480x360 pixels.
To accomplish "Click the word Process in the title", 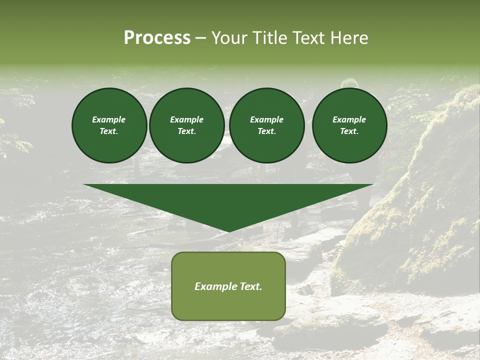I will [157, 38].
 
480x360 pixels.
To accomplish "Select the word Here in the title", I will [348, 38].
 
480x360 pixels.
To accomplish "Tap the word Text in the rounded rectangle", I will [251, 286].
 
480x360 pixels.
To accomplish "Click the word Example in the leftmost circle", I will [109, 119].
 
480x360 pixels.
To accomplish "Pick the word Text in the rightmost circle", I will [349, 131].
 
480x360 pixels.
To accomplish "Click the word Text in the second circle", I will [186, 131].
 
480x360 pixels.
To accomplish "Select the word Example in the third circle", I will [266, 119].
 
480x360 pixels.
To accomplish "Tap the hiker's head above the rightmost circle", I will [349, 83].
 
